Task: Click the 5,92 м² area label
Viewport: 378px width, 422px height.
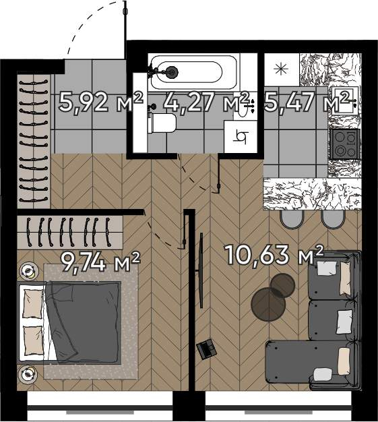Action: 100,102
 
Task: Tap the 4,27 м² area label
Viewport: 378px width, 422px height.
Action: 206,102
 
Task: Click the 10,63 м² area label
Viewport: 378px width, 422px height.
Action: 274,254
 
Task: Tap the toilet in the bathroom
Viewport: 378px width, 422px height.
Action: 162,123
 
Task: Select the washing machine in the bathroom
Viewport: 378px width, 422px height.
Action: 240,136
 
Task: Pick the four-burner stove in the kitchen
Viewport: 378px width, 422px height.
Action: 345,144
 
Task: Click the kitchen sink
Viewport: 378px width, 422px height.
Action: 345,100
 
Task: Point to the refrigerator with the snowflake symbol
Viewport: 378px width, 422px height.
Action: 282,69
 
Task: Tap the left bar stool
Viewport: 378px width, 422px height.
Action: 292,219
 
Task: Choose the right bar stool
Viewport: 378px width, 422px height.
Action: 333,219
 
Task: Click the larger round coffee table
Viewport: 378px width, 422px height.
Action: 268,304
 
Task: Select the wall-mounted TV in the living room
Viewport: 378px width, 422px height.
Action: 201,270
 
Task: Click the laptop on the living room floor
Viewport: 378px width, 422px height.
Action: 206,349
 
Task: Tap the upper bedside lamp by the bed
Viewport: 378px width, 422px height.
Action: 28,271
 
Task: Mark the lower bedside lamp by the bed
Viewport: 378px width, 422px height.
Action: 27,374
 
